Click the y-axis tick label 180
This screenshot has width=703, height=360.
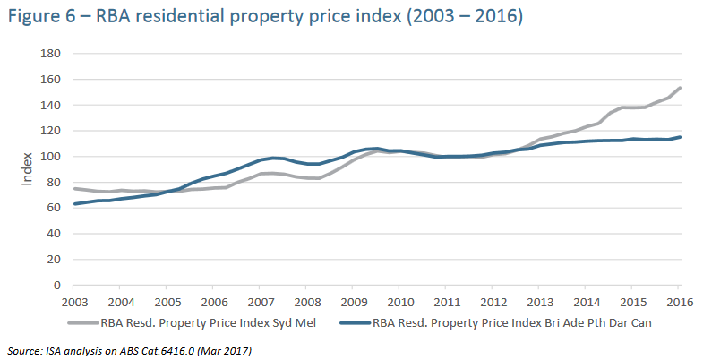pos(49,54)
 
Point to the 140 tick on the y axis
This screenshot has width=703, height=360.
pos(49,106)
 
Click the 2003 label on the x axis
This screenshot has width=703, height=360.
pos(74,302)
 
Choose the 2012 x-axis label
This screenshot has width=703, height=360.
pos(493,302)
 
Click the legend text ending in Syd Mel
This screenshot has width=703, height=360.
pos(216,322)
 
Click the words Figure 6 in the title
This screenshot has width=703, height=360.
pos(40,16)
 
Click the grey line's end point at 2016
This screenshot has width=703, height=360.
pos(681,88)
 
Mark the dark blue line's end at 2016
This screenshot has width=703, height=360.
pos(681,137)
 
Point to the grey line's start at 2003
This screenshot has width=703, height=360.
pos(74,188)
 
